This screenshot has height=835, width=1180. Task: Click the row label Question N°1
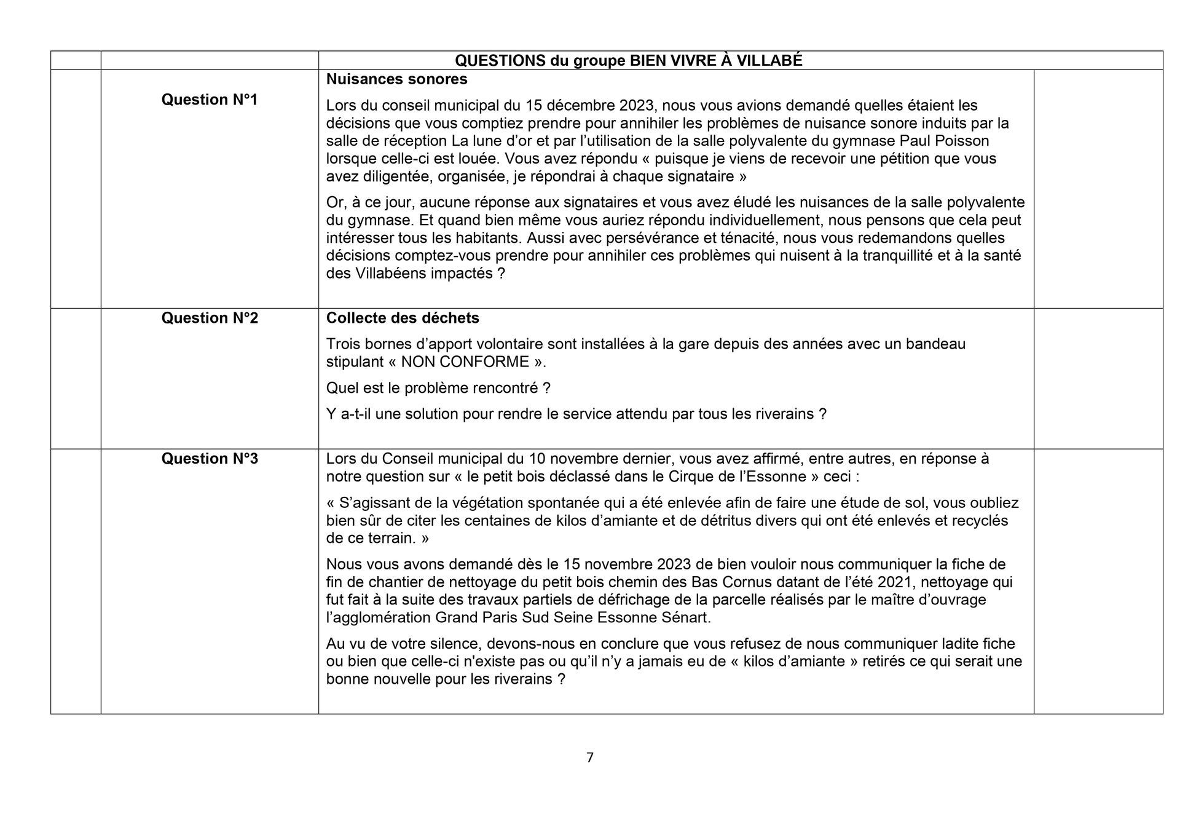click(209, 100)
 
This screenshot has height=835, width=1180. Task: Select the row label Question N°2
click(209, 318)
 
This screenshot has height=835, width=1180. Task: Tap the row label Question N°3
click(209, 459)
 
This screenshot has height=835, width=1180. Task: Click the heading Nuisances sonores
click(396, 79)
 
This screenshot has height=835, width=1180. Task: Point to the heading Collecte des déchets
click(403, 318)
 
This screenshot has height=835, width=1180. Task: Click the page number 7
click(590, 758)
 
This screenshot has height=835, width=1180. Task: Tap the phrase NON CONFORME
click(465, 362)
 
